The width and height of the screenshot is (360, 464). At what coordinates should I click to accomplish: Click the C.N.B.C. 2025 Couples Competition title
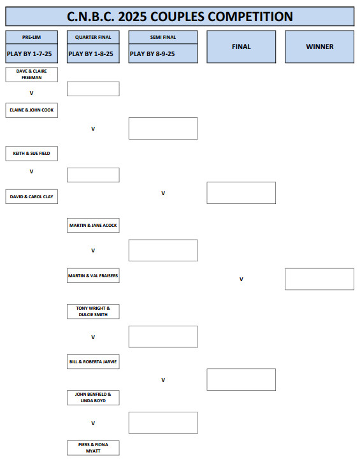click(x=180, y=17)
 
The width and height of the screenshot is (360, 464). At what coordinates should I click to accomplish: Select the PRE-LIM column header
click(x=32, y=37)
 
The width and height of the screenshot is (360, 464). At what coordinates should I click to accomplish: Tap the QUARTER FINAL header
click(x=93, y=37)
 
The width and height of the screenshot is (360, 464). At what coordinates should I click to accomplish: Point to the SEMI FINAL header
click(x=163, y=37)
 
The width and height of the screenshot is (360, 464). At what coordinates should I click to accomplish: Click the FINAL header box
click(x=241, y=47)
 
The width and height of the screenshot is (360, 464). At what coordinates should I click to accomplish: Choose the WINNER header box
click(x=319, y=47)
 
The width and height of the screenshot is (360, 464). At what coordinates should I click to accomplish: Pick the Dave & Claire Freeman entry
click(x=32, y=75)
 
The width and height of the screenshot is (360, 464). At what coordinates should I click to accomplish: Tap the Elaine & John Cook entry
click(x=32, y=110)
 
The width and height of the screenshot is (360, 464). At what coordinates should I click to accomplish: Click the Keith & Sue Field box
click(x=32, y=153)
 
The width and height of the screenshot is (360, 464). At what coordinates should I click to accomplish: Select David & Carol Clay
click(x=32, y=196)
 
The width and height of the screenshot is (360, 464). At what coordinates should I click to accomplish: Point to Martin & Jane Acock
click(x=93, y=225)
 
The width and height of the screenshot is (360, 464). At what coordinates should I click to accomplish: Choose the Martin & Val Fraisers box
click(x=93, y=275)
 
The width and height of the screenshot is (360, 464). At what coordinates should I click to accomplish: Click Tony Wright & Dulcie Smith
click(x=93, y=311)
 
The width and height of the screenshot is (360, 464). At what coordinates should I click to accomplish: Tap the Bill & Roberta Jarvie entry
click(x=93, y=361)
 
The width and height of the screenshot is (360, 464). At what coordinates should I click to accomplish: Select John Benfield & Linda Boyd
click(x=93, y=398)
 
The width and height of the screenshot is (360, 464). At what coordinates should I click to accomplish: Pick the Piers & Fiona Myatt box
click(x=93, y=447)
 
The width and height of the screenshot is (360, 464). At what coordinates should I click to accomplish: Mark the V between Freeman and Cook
click(x=32, y=93)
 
